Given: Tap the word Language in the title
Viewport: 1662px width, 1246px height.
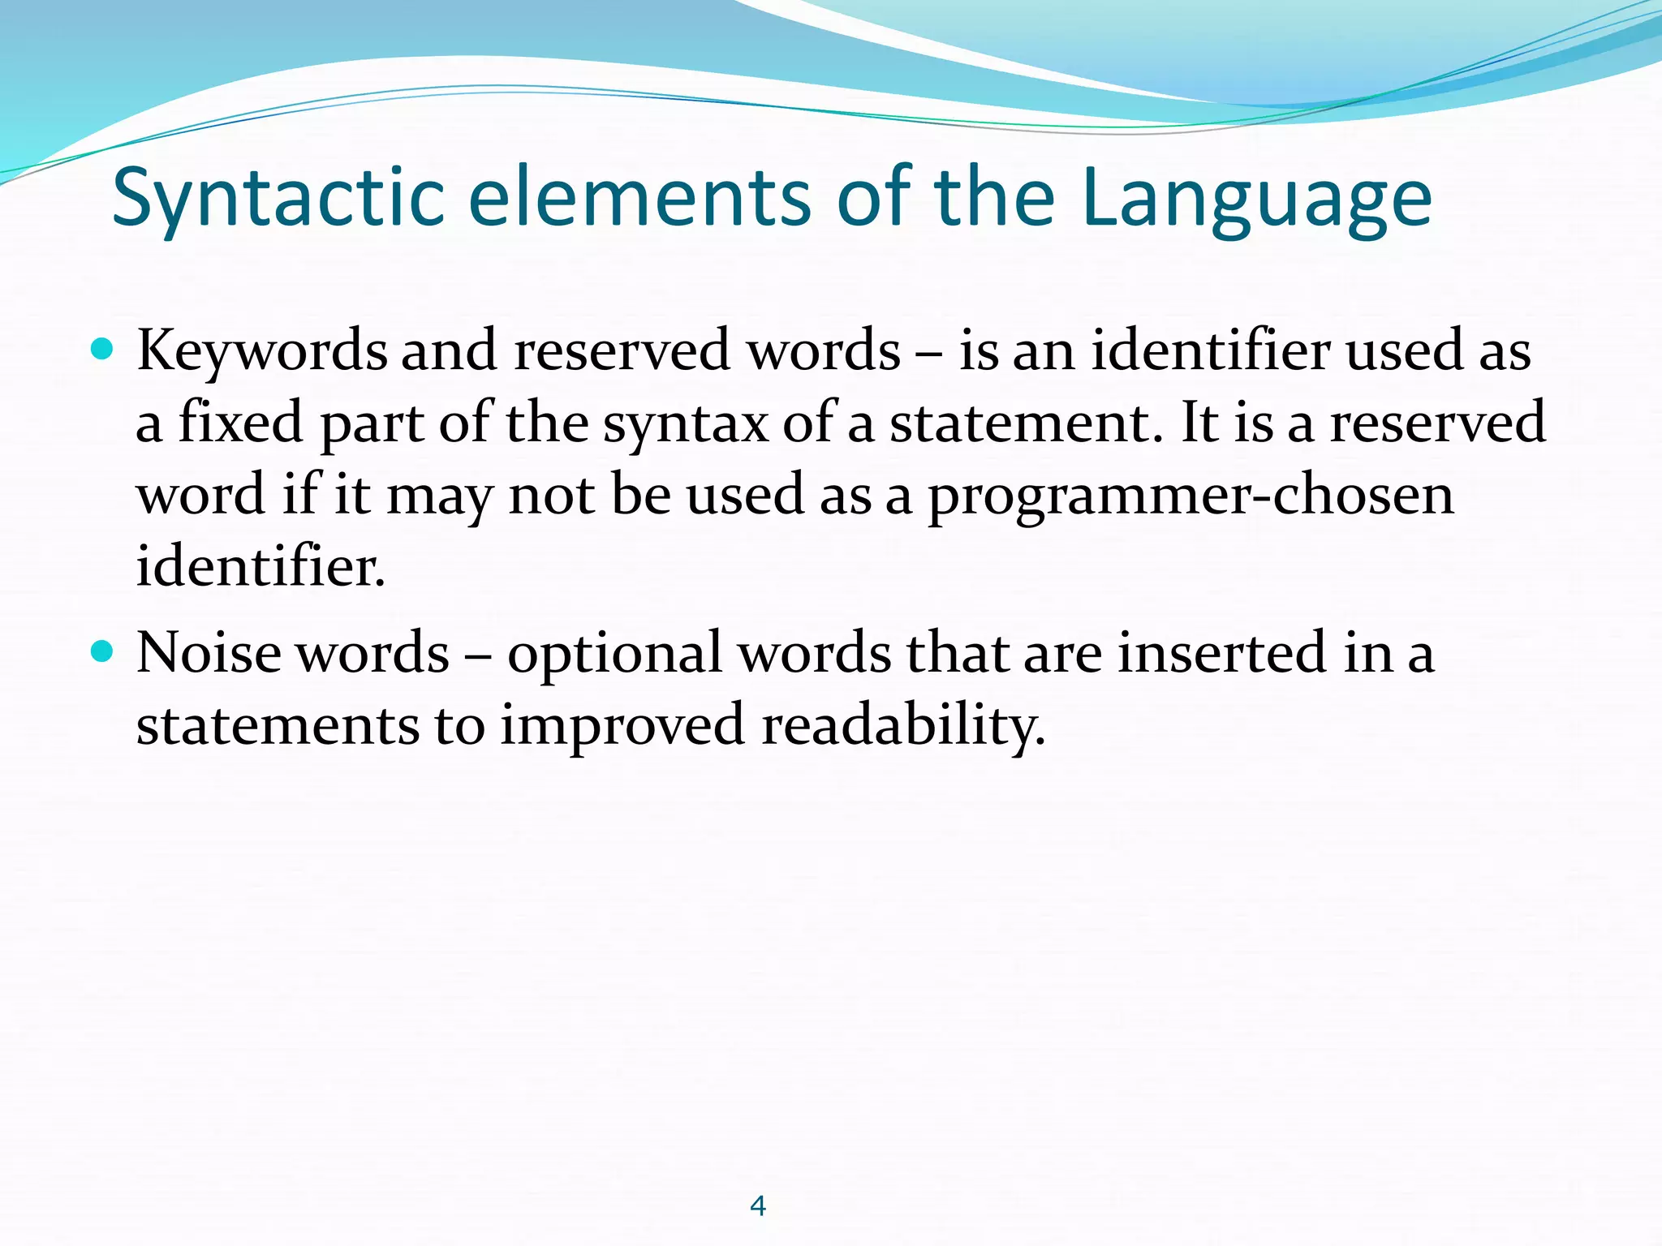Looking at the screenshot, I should [x=1256, y=198].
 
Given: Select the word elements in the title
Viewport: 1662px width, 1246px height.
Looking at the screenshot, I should [x=639, y=198].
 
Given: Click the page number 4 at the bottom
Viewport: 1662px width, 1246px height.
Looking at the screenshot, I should [x=758, y=1206].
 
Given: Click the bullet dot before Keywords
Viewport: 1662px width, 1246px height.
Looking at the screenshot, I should [x=101, y=350].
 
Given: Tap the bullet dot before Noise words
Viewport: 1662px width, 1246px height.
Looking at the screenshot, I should [x=101, y=651].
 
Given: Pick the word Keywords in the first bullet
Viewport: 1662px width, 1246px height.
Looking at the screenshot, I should [x=261, y=350].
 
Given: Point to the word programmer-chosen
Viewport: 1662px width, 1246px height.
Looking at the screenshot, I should [x=1191, y=495].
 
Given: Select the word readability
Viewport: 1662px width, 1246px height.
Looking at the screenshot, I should [x=903, y=724].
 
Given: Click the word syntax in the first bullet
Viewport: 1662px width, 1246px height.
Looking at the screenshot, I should [x=685, y=424].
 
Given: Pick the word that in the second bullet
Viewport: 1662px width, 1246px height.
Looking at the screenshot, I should [x=957, y=652].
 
